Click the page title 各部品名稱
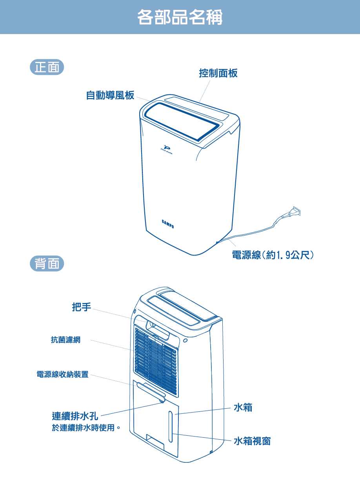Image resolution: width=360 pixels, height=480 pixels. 180,17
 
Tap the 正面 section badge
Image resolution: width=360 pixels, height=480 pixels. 47,68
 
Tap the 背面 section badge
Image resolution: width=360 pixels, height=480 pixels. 47,264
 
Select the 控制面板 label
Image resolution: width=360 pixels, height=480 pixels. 218,73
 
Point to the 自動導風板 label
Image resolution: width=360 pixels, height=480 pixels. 110,95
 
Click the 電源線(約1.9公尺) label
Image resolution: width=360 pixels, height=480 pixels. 273,255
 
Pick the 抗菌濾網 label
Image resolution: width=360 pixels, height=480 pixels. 65,340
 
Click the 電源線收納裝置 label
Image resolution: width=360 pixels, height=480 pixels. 62,374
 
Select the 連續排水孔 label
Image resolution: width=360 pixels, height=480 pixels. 75,416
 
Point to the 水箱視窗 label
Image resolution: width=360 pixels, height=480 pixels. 252,442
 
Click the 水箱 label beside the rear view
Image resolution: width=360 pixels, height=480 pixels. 243,408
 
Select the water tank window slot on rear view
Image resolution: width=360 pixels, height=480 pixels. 171,427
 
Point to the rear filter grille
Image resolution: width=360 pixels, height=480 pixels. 156,360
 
